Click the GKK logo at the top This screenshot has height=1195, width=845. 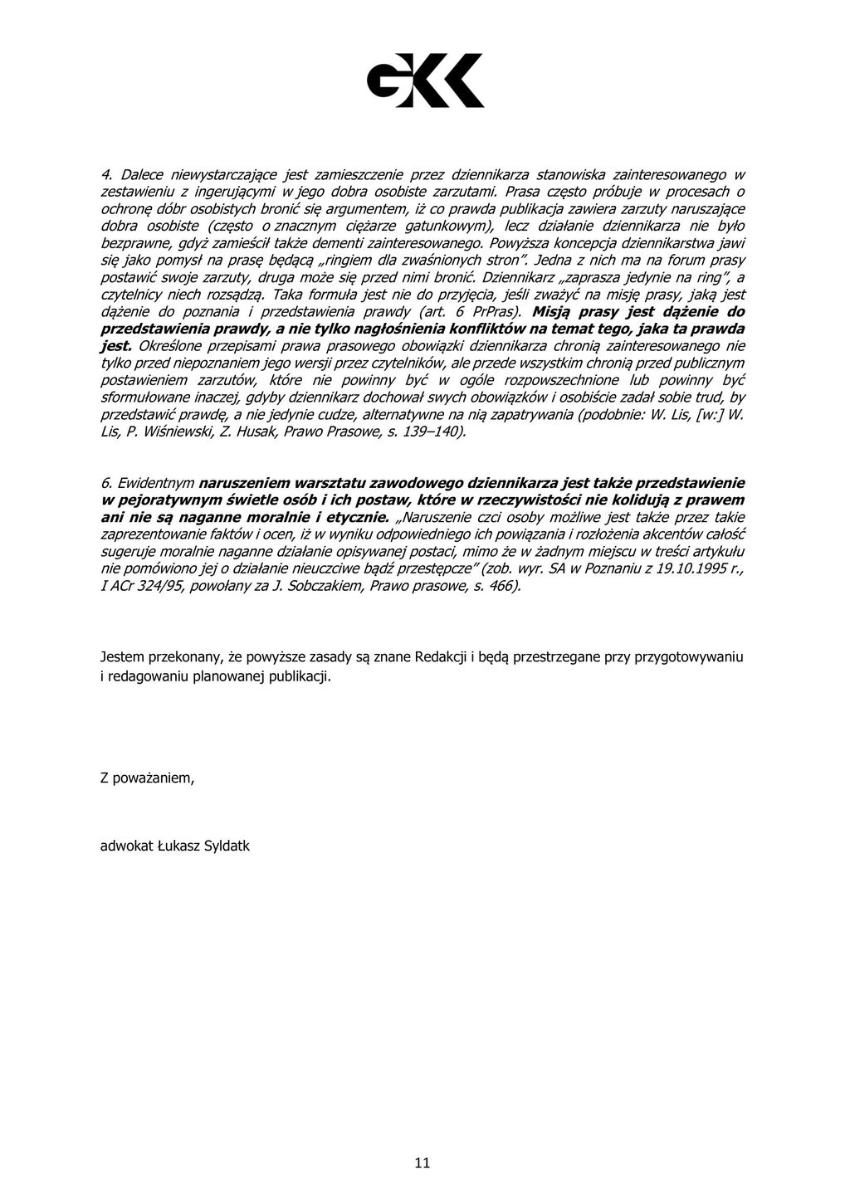425,80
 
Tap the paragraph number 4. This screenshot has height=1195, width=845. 105,174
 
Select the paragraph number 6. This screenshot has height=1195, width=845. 105,483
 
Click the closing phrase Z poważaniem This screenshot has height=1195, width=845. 147,778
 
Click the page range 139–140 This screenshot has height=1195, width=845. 431,432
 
